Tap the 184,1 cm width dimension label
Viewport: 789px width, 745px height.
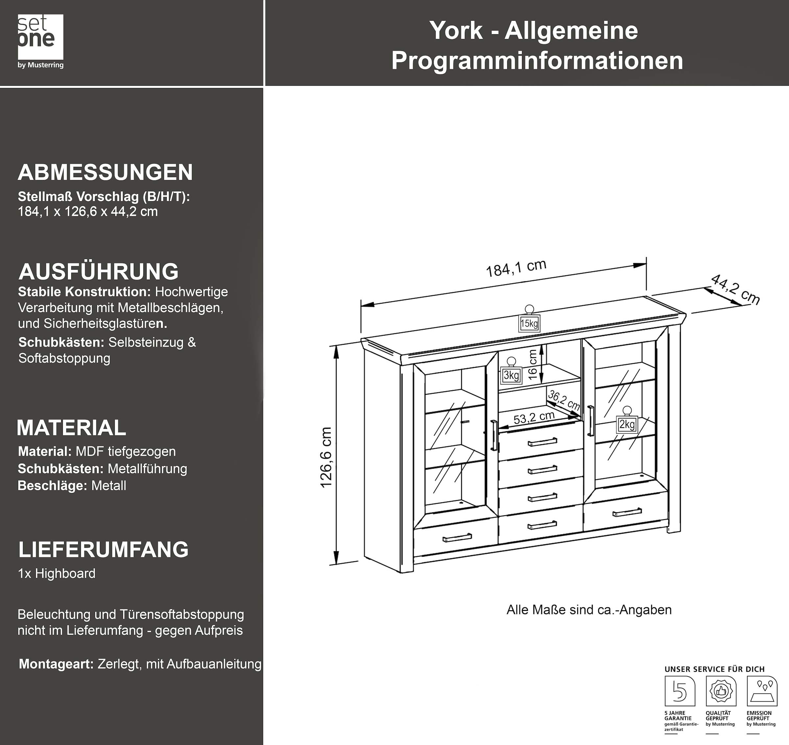click(516, 268)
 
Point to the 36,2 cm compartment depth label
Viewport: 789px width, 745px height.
click(564, 400)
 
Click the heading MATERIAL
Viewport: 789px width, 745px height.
click(72, 428)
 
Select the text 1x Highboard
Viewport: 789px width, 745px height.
click(57, 573)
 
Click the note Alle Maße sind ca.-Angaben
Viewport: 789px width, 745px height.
click(589, 610)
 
